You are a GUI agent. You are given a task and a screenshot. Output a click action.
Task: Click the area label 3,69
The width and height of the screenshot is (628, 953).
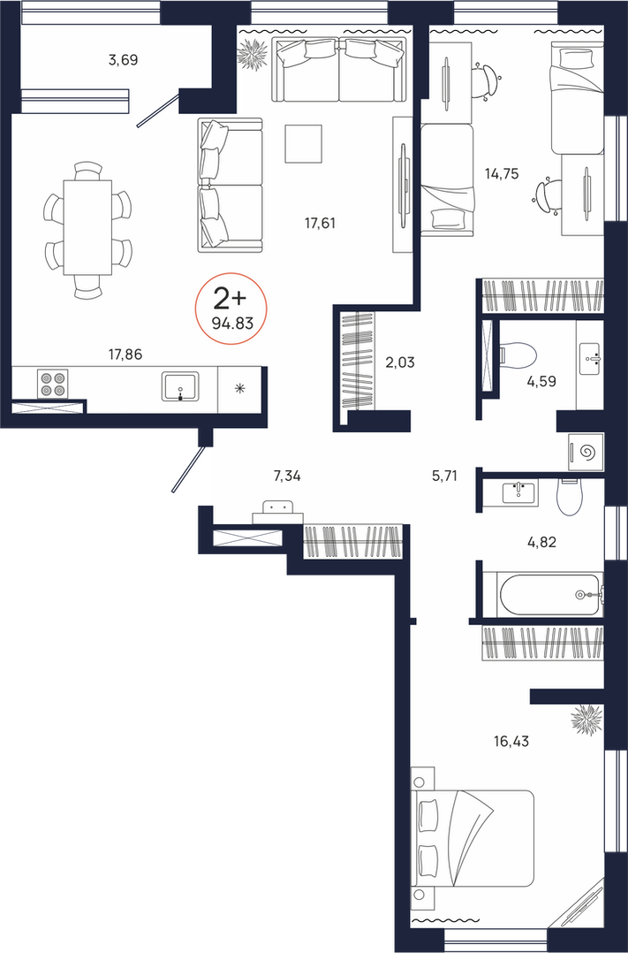(x=124, y=59)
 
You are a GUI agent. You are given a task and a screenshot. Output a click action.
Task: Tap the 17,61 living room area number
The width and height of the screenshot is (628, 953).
(x=320, y=223)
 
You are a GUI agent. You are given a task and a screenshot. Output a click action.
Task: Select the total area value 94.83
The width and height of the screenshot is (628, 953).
(x=232, y=324)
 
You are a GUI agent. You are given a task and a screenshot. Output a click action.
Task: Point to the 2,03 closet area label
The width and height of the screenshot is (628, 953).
(x=399, y=362)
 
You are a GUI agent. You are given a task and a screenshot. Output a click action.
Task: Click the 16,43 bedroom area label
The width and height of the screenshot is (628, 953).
(x=511, y=741)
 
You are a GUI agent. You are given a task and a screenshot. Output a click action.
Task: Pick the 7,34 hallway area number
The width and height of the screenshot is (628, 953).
(x=287, y=476)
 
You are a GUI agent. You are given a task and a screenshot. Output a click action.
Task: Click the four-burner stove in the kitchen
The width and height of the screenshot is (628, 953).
(x=52, y=384)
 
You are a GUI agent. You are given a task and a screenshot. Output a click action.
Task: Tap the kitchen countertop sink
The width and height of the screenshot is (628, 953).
(x=179, y=386)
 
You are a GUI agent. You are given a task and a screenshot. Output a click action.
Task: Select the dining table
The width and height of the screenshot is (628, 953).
(x=87, y=227)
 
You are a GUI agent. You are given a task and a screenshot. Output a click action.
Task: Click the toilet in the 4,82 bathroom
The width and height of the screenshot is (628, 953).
(x=570, y=497)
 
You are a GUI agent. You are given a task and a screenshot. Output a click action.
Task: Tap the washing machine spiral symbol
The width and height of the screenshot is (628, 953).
(x=587, y=452)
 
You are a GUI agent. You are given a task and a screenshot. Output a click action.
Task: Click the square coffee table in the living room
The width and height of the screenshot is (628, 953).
(x=303, y=143)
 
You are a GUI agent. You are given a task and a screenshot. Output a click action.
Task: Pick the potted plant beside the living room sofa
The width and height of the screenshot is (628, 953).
(x=253, y=54)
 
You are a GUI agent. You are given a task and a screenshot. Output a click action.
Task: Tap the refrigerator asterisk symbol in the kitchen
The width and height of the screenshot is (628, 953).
(x=240, y=388)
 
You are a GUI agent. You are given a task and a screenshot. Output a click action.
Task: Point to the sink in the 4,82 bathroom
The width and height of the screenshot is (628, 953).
(x=519, y=492)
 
